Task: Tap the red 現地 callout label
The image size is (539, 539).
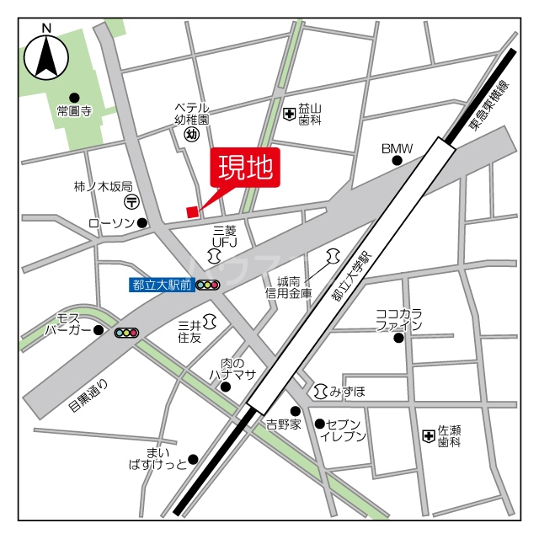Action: pyautogui.click(x=245, y=169)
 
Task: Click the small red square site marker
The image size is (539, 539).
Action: pyautogui.click(x=192, y=211)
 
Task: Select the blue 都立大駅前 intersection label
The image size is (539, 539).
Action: pyautogui.click(x=161, y=285)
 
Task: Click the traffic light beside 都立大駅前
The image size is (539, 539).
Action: pyautogui.click(x=207, y=286)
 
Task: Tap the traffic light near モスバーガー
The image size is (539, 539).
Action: pyautogui.click(x=126, y=333)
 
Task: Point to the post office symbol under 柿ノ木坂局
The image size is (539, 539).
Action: pyautogui.click(x=132, y=202)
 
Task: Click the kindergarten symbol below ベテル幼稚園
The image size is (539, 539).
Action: pyautogui.click(x=191, y=133)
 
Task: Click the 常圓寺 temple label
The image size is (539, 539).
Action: pyautogui.click(x=73, y=110)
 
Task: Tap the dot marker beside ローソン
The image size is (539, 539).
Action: pyautogui.click(x=142, y=223)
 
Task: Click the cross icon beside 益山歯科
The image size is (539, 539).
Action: pyautogui.click(x=289, y=113)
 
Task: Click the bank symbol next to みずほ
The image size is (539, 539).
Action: pyautogui.click(x=320, y=391)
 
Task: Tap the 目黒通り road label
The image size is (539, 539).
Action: pyautogui.click(x=88, y=396)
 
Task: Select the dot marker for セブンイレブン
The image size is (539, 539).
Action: pyautogui.click(x=319, y=424)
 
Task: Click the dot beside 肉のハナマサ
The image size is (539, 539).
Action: pyautogui.click(x=225, y=387)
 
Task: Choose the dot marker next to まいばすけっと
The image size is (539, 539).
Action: pyautogui.click(x=193, y=459)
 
